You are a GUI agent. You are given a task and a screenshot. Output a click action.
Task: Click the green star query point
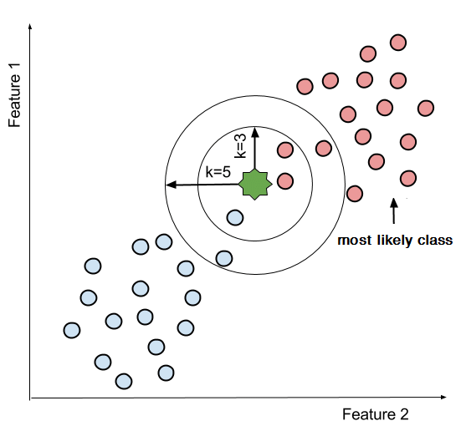pos(254,183)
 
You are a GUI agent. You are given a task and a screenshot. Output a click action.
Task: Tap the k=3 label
pos(240,144)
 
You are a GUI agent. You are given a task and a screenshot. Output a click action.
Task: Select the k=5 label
pos(217,172)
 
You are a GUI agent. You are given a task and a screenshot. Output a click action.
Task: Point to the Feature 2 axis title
pos(375,413)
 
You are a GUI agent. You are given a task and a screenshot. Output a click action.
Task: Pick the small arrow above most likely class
pos(392,209)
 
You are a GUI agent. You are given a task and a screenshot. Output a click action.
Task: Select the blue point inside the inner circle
pos(235,218)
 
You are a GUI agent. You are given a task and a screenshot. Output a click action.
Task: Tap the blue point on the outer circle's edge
pos(223,257)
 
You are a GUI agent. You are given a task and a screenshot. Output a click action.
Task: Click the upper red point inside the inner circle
pos(284,151)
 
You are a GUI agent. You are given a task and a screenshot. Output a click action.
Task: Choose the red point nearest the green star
pos(284,180)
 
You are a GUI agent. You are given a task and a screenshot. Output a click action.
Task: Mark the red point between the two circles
pos(323,148)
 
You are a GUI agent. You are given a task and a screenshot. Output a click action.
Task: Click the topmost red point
pos(399,42)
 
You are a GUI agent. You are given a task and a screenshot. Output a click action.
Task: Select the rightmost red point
pos(426,108)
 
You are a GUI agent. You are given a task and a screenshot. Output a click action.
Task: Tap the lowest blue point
pos(124,382)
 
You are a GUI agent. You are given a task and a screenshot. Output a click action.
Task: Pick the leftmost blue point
pos(72,330)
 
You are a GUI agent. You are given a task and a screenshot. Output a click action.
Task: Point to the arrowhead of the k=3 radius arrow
pos(254,130)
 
